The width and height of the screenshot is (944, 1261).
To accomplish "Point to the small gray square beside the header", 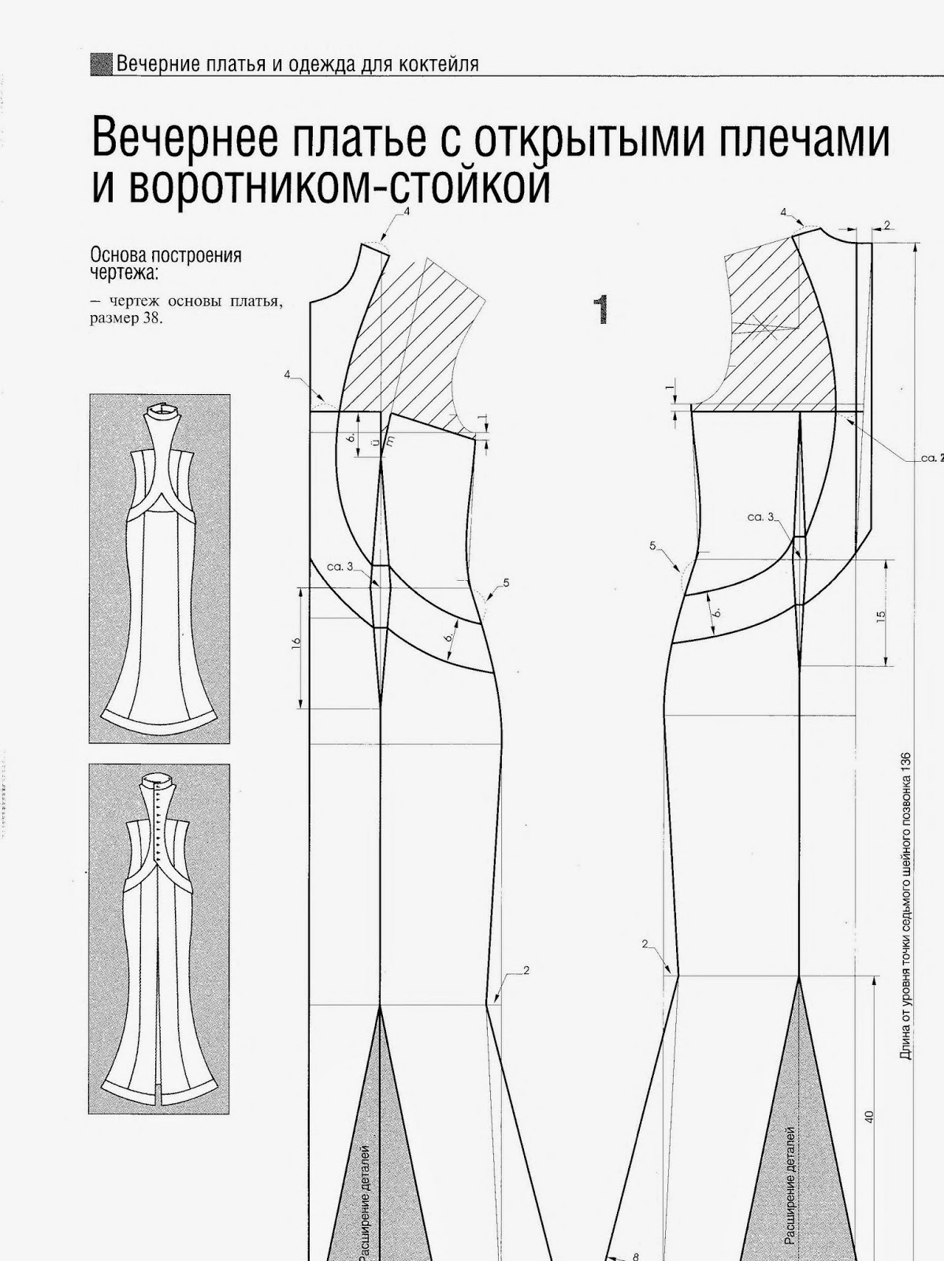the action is click(x=101, y=64).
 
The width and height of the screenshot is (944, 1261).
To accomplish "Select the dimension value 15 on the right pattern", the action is click(x=880, y=615).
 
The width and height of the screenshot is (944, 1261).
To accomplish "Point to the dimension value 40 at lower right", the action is click(x=869, y=1116).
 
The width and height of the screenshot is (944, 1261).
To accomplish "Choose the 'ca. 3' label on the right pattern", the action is click(x=761, y=517).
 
